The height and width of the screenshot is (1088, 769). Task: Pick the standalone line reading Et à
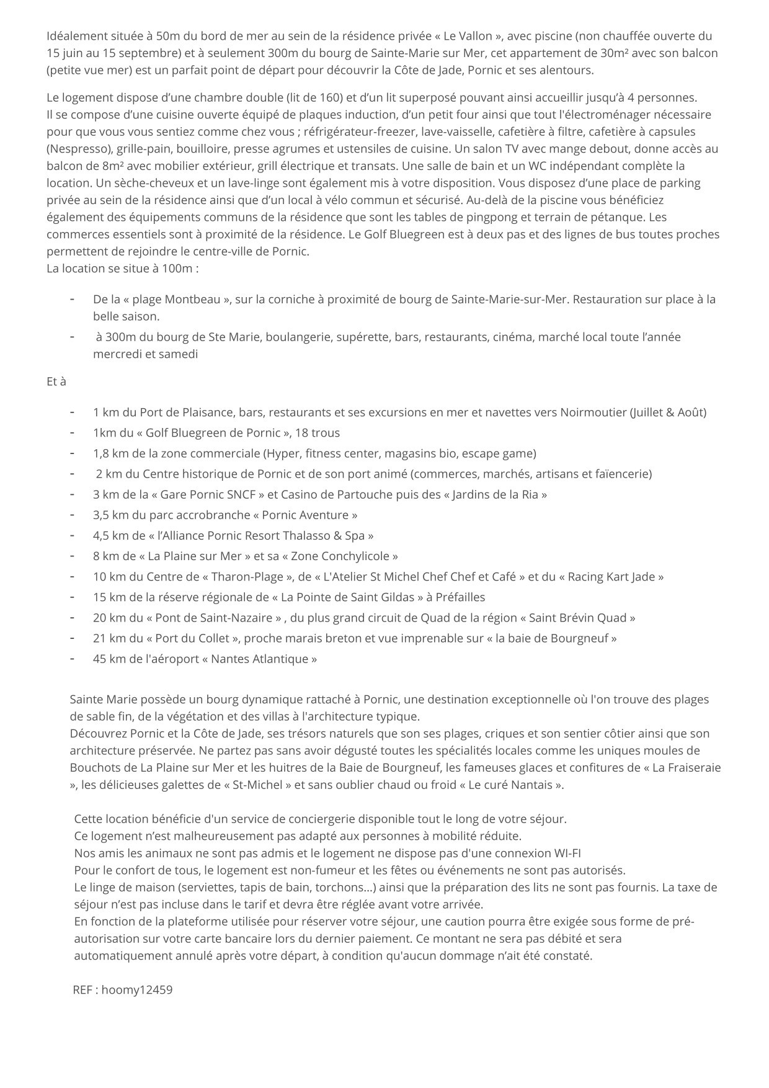coord(56,381)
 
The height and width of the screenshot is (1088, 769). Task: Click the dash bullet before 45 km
coord(73,658)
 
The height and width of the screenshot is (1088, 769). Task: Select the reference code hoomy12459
coord(137,990)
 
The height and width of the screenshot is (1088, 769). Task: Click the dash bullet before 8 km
coord(73,555)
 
